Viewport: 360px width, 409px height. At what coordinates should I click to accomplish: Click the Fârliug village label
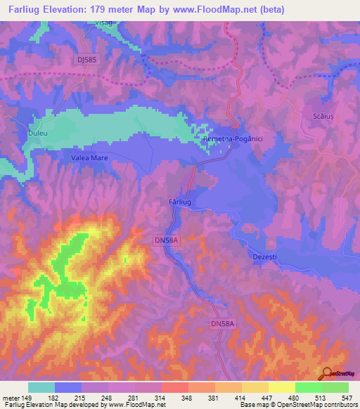pos(181,202)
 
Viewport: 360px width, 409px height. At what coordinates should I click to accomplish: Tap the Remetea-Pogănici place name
pos(232,140)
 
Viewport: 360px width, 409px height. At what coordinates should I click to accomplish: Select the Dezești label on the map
pos(265,258)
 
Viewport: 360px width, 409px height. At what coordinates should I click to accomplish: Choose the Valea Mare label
pos(89,158)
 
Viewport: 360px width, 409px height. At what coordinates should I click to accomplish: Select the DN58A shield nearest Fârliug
pos(167,240)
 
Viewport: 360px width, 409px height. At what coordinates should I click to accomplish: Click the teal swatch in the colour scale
pos(41,387)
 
